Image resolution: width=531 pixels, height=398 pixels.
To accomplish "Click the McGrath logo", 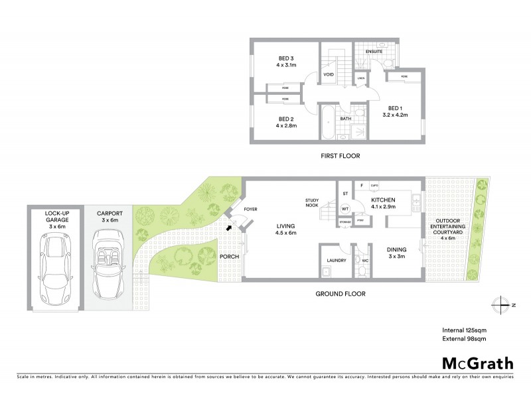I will click(478, 363).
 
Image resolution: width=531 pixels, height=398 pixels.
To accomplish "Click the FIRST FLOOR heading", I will click(339, 156).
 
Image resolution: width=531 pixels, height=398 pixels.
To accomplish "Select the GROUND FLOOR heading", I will click(341, 293).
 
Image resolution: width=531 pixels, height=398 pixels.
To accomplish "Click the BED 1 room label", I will click(395, 111).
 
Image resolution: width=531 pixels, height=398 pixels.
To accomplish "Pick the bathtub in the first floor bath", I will click(328, 123).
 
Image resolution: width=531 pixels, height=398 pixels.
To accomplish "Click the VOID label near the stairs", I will click(329, 74).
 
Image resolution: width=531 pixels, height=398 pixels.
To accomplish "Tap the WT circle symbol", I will click(345, 208).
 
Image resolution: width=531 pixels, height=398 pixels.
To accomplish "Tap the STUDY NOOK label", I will click(313, 203).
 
